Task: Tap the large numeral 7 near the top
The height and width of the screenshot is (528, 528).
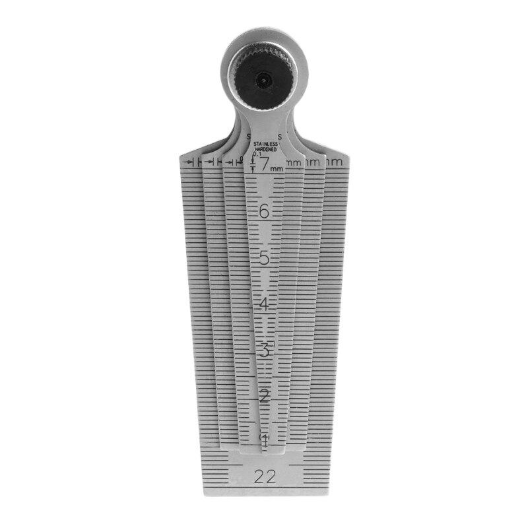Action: point(264,165)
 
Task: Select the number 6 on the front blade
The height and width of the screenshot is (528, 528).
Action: point(264,212)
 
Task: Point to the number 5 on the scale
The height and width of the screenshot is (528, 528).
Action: point(264,258)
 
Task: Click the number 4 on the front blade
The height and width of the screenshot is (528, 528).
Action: point(264,304)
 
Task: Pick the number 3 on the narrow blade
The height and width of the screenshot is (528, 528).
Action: point(264,350)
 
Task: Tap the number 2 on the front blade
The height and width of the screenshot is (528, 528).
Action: point(264,397)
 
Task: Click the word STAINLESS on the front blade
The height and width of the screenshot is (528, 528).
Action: point(264,143)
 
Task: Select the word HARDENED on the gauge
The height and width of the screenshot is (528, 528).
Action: point(264,150)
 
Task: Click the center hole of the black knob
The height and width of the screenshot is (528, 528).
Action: point(263,80)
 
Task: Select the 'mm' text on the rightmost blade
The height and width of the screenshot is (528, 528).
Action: point(336,162)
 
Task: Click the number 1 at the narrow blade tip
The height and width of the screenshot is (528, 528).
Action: point(264,438)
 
